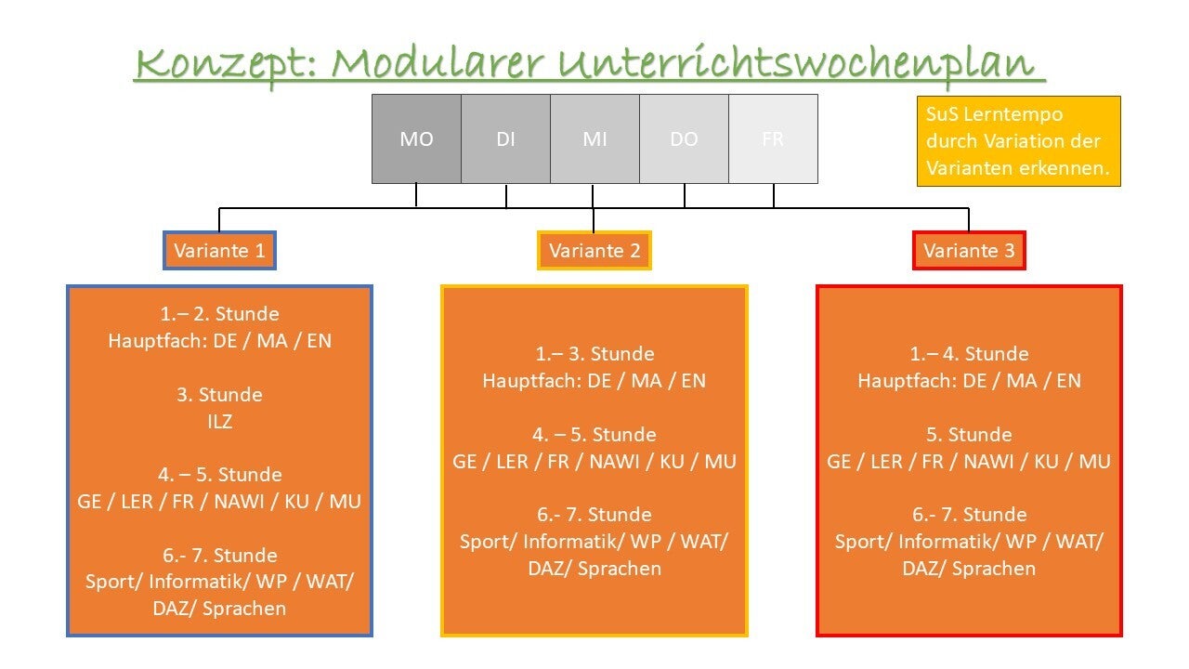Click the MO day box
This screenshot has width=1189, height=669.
click(416, 139)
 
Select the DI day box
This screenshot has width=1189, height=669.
click(505, 139)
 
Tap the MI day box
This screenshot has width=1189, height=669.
click(594, 139)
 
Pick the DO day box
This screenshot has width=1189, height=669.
click(684, 139)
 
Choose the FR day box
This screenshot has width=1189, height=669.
click(773, 139)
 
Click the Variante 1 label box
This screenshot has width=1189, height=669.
click(219, 251)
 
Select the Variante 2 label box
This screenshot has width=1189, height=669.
click(594, 251)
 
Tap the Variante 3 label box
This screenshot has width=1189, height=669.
click(969, 251)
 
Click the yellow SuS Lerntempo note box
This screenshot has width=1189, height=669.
click(1018, 141)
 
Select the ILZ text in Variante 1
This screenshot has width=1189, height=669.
click(219, 422)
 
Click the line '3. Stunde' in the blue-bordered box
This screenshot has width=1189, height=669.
click(219, 395)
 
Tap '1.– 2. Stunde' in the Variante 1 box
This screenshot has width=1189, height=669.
click(219, 314)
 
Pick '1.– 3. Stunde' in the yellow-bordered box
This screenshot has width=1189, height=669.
click(594, 354)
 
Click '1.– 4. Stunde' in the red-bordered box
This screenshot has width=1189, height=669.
click(969, 354)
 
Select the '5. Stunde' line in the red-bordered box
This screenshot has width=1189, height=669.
click(969, 435)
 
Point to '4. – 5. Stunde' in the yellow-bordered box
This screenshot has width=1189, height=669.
click(594, 435)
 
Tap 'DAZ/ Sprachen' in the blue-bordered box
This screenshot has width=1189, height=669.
click(219, 610)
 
